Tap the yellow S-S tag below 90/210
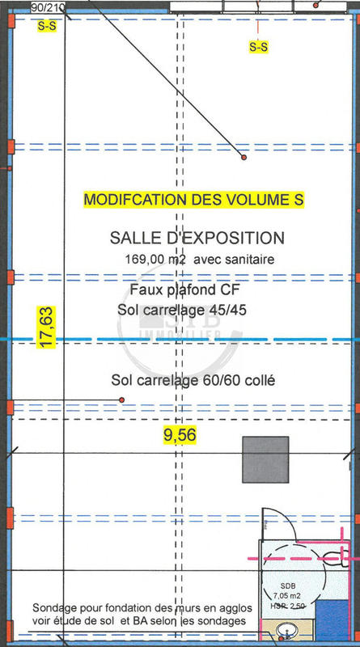(47, 26)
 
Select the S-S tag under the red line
(259, 47)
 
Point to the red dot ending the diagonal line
(242, 158)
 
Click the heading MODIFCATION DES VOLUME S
(194, 199)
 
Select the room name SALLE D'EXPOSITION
(197, 238)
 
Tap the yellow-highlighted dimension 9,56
(180, 435)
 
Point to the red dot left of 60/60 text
(121, 400)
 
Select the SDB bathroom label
(288, 586)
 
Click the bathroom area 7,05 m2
(289, 596)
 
